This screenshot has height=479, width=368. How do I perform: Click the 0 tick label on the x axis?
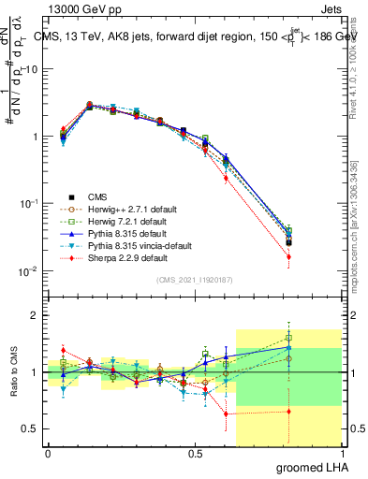point(48,454)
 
